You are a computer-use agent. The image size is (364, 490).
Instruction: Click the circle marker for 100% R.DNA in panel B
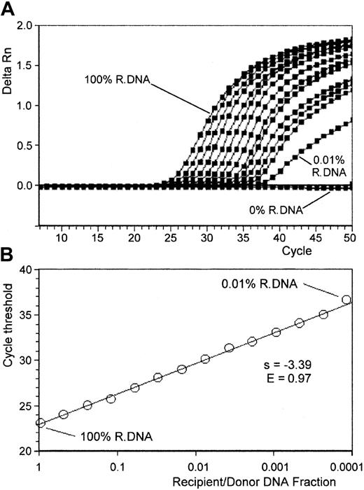[41, 423]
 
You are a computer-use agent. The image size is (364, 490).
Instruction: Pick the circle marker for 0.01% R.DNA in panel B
[346, 300]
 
